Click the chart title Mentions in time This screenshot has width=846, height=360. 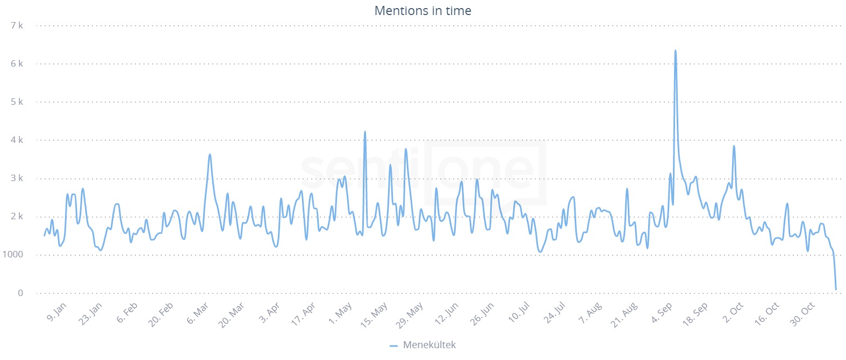(x=422, y=11)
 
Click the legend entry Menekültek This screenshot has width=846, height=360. (x=428, y=345)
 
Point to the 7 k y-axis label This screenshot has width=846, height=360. (x=17, y=25)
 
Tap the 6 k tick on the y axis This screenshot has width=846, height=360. (x=17, y=63)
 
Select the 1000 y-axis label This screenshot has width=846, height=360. (x=12, y=255)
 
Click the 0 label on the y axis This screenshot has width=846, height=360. (x=20, y=293)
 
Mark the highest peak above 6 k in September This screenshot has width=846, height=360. (x=675, y=51)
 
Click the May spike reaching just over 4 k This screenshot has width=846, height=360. (x=365, y=132)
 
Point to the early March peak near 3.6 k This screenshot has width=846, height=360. (x=210, y=155)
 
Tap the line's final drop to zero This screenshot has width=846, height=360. (x=836, y=290)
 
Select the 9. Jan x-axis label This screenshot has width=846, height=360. (x=56, y=312)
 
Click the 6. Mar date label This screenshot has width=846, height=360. (x=197, y=313)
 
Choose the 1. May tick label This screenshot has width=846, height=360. (x=340, y=313)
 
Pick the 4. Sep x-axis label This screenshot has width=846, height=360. (x=662, y=313)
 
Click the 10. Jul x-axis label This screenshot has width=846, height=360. (x=519, y=313)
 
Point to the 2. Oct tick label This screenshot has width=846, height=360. (x=733, y=312)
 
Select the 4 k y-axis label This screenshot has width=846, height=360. (x=17, y=140)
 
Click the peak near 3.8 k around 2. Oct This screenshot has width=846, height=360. (x=734, y=146)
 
